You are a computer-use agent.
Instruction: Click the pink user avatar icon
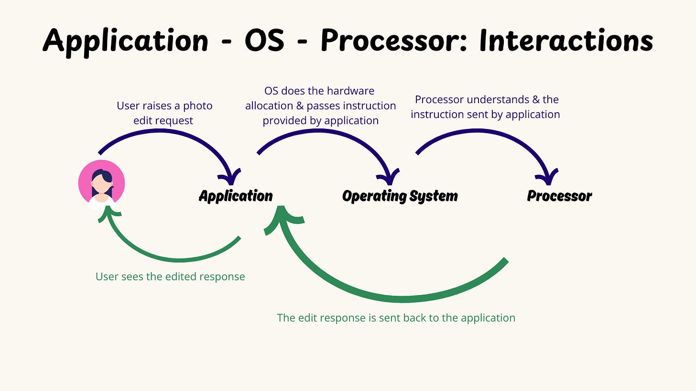click(101, 184)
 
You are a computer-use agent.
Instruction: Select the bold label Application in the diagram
click(236, 196)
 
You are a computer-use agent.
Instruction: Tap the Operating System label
click(400, 196)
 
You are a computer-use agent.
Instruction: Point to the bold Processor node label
click(559, 196)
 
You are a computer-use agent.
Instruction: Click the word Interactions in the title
click(566, 40)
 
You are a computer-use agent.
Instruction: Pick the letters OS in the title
click(264, 40)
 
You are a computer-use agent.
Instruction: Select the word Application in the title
click(126, 40)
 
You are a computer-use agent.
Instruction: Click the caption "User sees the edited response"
click(170, 276)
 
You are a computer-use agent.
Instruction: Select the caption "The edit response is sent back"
click(396, 318)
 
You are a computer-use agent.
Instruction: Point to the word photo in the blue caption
click(198, 106)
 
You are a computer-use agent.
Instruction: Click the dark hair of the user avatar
click(101, 175)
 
